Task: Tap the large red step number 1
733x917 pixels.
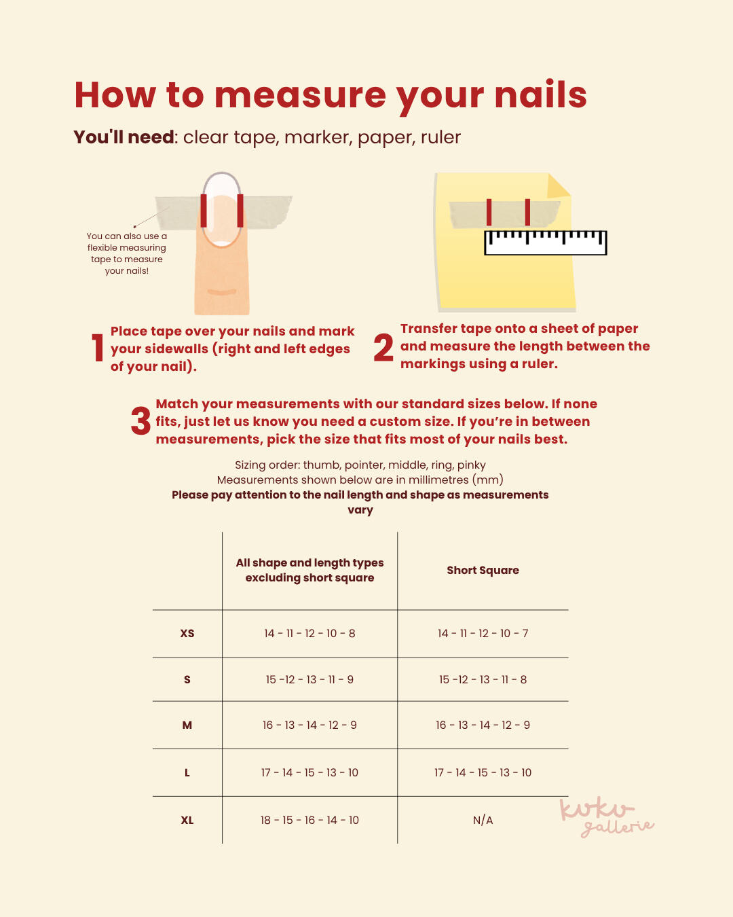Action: pos(98,347)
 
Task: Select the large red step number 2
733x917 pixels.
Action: pos(383,347)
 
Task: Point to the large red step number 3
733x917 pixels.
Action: pos(140,420)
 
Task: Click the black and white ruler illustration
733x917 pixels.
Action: pos(546,243)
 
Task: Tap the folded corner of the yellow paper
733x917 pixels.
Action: pos(557,186)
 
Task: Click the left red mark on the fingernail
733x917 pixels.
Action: pos(204,211)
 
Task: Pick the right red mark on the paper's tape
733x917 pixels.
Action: pos(527,212)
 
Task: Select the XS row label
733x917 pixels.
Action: pos(187,633)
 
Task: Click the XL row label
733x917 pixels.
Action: pos(187,820)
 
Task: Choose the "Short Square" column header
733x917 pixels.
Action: pos(483,570)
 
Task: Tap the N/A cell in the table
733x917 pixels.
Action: pos(483,820)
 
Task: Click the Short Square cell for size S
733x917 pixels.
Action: pos(483,679)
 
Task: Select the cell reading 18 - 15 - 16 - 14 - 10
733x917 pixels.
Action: pos(309,820)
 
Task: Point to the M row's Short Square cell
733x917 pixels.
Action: pos(483,725)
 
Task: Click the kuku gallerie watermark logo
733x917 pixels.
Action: pos(607,816)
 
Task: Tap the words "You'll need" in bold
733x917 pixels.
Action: pos(124,137)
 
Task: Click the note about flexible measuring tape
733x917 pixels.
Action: pos(126,253)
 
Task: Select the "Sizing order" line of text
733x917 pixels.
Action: pos(360,465)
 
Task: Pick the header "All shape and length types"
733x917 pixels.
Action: pos(309,563)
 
